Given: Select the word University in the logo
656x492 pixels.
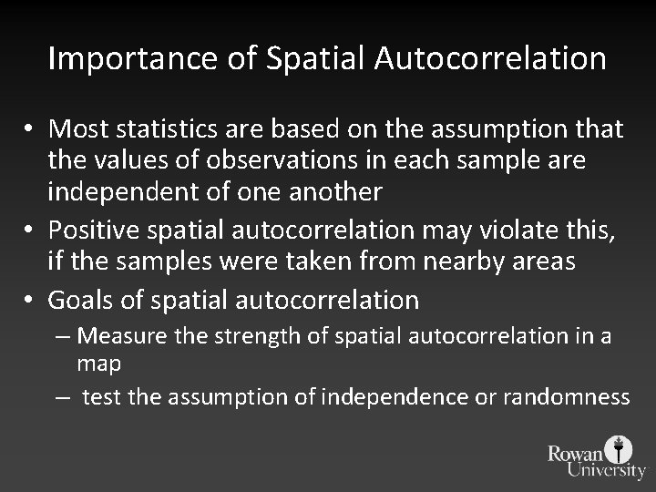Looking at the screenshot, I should (605, 470).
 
